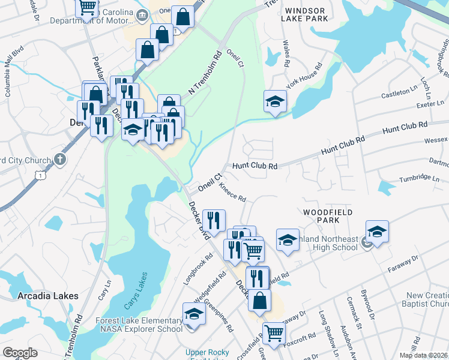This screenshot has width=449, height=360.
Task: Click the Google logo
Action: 20,353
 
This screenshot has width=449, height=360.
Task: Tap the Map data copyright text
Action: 424,355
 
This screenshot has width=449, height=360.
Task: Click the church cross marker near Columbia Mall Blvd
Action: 59,160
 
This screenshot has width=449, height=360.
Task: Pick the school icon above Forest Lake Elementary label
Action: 193,314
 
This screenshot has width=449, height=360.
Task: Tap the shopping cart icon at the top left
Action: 88,7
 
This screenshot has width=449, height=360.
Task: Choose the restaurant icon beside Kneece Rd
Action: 213,219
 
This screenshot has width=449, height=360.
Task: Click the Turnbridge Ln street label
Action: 420,178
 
